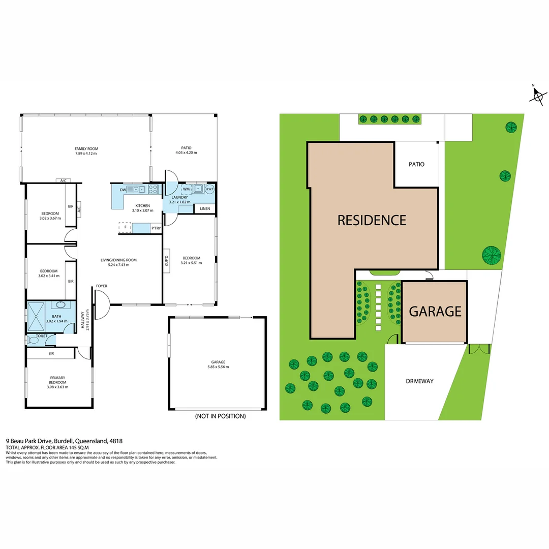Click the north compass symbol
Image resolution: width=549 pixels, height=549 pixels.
coord(538,95)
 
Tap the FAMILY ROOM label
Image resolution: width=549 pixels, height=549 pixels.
coord(86,148)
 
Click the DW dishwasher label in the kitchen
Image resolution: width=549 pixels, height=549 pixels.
coord(123,190)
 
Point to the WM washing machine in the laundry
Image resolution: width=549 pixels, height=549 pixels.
coord(186,189)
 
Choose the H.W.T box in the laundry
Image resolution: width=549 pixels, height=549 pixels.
coord(210,189)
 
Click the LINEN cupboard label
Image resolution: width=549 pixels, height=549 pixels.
coord(205,208)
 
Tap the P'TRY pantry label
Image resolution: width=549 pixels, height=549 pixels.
coord(156,229)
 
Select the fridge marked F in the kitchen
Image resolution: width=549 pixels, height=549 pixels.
coord(125,228)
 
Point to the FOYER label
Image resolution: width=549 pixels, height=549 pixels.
coord(101,286)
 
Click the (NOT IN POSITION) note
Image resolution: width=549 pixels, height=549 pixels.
coord(220,416)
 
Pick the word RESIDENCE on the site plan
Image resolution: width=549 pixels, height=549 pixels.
coord(372,220)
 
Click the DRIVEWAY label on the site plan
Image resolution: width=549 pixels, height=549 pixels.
coord(419,381)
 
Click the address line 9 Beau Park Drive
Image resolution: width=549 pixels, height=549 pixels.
coord(64,441)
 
